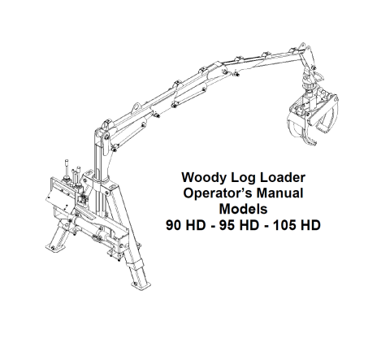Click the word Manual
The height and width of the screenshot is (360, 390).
[279, 193]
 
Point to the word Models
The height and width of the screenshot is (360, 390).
[243, 209]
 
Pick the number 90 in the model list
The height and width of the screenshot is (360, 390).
[173, 225]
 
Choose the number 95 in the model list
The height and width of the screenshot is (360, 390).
[227, 225]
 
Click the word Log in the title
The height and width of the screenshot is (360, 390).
[243, 179]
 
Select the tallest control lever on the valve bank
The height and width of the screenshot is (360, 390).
[67, 170]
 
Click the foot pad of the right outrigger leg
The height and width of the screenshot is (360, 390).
[141, 285]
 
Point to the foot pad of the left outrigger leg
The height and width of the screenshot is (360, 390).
[54, 248]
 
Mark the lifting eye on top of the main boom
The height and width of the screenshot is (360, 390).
[136, 106]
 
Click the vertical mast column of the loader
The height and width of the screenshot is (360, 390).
[101, 163]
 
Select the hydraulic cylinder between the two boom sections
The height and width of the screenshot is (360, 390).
[189, 95]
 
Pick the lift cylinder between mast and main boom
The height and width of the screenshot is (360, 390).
[128, 137]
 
